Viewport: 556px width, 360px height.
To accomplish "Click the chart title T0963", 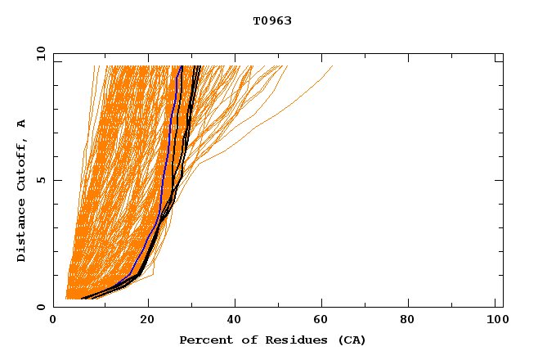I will pyautogui.click(x=271, y=21).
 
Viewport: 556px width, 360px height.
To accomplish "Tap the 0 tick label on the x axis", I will pyautogui.click(x=54, y=321).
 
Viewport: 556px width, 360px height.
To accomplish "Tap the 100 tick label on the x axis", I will pyautogui.click(x=495, y=321).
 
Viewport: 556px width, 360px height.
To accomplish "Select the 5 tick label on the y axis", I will pyautogui.click(x=41, y=180).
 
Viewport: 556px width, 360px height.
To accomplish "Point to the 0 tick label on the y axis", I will pyautogui.click(x=41, y=307).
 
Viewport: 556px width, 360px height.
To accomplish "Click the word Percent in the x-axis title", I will pyautogui.click(x=205, y=340).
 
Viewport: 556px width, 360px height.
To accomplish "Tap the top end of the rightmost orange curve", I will pyautogui.click(x=332, y=67).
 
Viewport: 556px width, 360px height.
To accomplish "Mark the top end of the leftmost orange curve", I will pyautogui.click(x=94, y=67).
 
